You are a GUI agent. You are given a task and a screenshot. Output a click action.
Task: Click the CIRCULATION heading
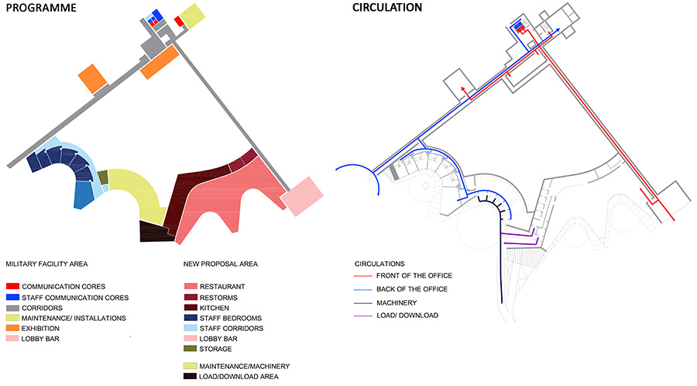[387, 9]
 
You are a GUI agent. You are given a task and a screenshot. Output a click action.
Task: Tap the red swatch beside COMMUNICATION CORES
[12, 287]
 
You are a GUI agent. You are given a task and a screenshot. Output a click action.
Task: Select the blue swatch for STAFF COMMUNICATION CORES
[12, 297]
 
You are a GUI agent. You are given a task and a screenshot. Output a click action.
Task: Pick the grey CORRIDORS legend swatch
[12, 308]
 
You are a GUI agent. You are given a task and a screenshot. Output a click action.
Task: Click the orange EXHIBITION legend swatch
[12, 329]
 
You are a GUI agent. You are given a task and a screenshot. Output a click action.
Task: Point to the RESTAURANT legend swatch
[190, 287]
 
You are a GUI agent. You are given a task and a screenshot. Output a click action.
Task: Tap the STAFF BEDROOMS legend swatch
[190, 318]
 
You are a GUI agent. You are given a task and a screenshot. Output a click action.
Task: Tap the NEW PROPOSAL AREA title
[221, 264]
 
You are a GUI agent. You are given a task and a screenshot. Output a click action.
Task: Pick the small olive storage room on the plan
[103, 177]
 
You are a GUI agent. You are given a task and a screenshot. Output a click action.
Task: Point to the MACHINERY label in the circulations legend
[397, 302]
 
